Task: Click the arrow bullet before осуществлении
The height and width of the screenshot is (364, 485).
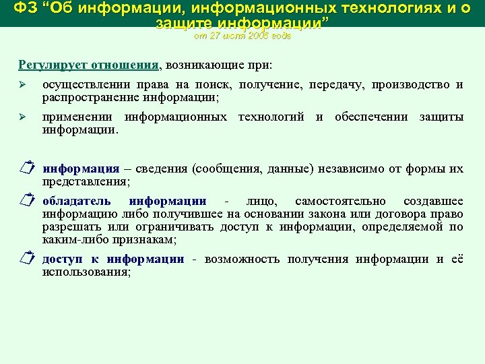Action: point(22,85)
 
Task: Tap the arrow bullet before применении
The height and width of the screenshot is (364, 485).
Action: point(22,117)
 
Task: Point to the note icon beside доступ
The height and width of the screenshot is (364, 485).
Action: point(26,260)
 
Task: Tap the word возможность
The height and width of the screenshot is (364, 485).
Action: point(242,260)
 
